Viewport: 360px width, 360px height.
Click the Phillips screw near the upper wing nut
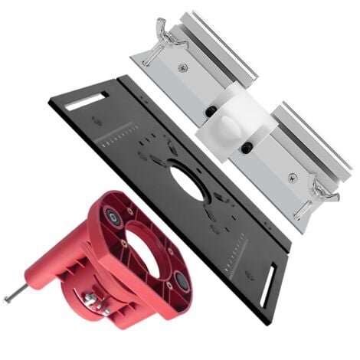point(182,68)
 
